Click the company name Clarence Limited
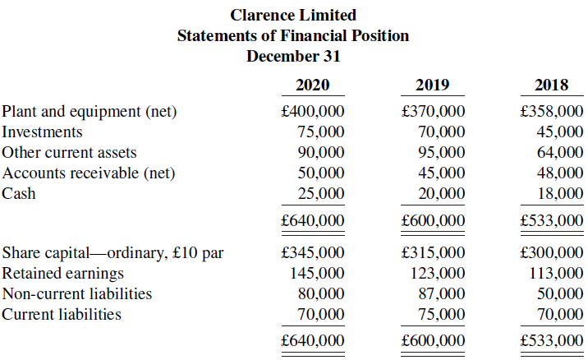tap(293, 15)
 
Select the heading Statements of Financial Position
tap(293, 35)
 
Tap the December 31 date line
tap(293, 56)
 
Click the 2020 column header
tap(312, 85)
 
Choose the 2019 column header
tap(432, 85)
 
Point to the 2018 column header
tap(551, 85)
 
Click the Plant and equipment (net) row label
tap(90, 112)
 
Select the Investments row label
tap(42, 132)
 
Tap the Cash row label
tap(19, 194)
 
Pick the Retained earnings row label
tap(63, 273)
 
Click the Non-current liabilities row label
tap(77, 293)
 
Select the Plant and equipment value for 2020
tap(312, 112)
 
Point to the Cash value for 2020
tap(321, 194)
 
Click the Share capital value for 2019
tap(432, 252)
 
